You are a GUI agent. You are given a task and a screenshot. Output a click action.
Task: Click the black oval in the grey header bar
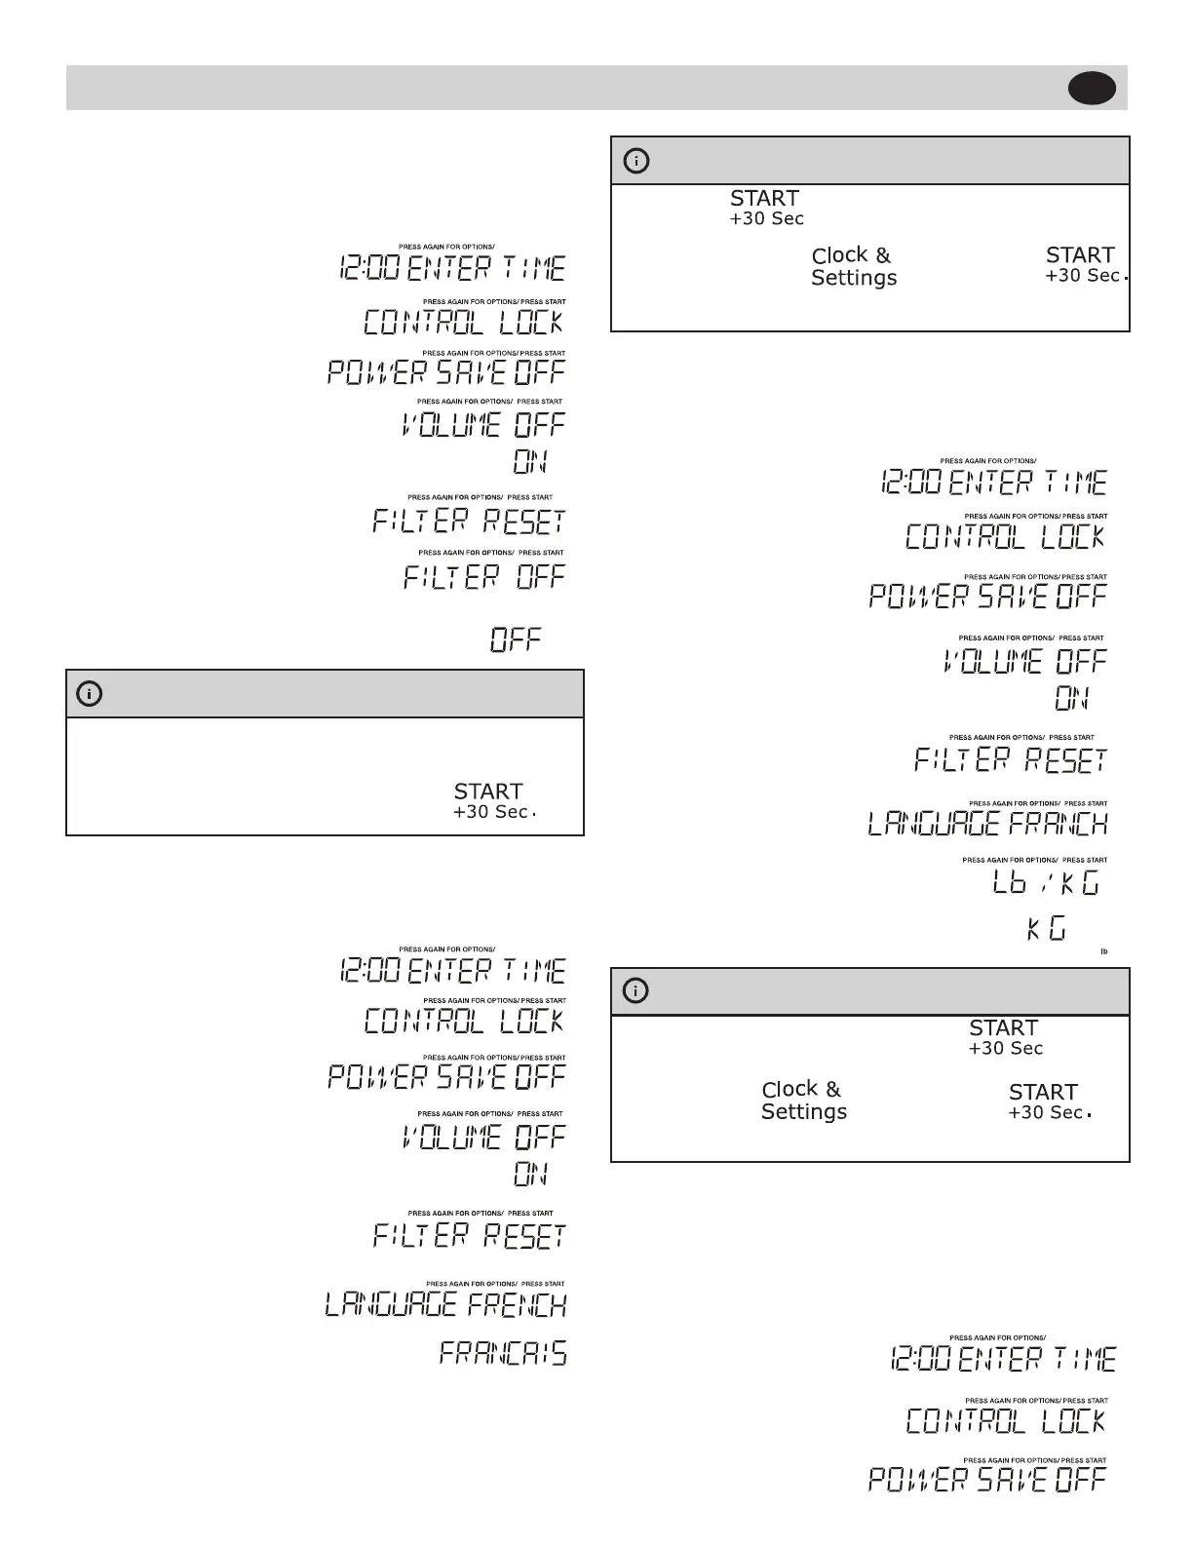pos(1092,89)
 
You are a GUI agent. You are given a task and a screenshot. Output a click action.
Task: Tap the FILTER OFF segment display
pos(484,576)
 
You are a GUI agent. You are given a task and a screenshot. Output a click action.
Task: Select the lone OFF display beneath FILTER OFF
pos(516,640)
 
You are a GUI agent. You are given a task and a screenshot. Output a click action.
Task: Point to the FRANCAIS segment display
pos(503,1353)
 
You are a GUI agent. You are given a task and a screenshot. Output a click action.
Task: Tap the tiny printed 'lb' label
pos(1104,951)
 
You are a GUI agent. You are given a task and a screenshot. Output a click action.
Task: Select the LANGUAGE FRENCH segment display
pos(445,1304)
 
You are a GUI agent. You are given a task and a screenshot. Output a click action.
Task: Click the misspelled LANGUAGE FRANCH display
pos(987,825)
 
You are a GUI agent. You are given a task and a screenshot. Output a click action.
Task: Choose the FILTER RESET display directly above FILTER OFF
pos(469,522)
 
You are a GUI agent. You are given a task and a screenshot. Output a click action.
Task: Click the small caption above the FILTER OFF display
pos(491,553)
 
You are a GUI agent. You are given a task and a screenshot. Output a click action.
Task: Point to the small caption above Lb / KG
pos(1034,861)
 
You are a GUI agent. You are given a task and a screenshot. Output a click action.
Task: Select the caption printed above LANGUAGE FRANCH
pos(1038,804)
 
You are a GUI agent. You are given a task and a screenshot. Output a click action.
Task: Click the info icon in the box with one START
pos(89,694)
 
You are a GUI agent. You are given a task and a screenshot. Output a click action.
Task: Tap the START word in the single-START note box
pos(488,792)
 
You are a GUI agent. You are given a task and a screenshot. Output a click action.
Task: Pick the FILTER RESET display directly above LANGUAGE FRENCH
pos(469,1236)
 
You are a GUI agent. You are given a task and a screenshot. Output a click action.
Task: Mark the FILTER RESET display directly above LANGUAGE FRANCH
pos(1011,759)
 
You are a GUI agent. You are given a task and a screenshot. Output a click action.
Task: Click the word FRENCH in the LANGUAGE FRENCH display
pos(517,1304)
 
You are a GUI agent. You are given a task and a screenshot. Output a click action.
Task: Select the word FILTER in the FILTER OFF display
pos(450,576)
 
